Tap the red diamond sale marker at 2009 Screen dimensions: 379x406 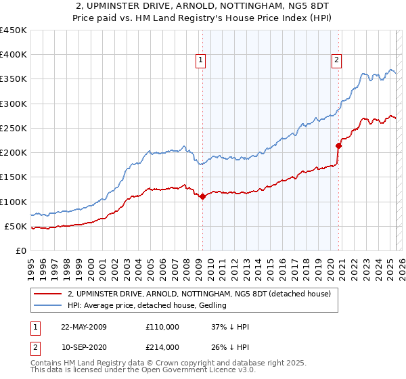click(202, 196)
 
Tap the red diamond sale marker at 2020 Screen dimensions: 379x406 click(339, 145)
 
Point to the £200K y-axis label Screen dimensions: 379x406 click(14, 152)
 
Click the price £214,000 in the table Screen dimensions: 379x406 click(162, 346)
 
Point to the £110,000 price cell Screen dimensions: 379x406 click(162, 327)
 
